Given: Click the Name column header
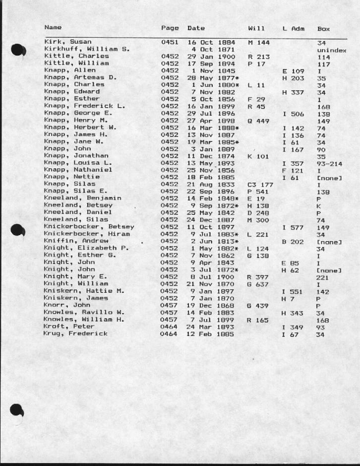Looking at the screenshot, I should (x=53, y=28).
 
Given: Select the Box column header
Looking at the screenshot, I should (x=323, y=29).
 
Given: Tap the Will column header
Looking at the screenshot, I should (x=256, y=28).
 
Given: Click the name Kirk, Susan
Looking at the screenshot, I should (x=68, y=42).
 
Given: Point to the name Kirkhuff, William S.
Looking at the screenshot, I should (x=87, y=49).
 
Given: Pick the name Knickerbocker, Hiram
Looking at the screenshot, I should (x=87, y=234).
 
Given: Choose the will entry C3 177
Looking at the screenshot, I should (x=260, y=184).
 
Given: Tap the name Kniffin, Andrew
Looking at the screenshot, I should (x=76, y=241).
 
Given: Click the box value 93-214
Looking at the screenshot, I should (x=330, y=163).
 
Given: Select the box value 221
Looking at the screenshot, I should (x=323, y=277).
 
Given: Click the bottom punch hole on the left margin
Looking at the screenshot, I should (x=17, y=411).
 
